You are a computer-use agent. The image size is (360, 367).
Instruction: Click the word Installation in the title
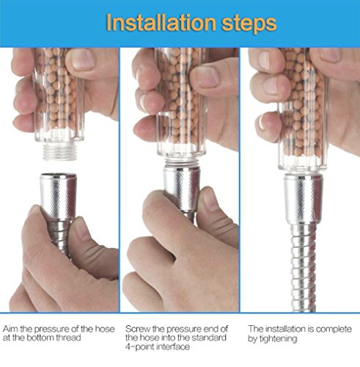[x=161, y=23]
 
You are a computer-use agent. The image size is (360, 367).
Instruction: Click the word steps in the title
[x=249, y=24]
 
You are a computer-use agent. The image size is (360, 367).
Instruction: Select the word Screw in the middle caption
[x=138, y=329]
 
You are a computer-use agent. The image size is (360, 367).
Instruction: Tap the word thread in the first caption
[x=68, y=338]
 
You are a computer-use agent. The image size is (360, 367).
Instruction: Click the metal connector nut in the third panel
[x=304, y=197]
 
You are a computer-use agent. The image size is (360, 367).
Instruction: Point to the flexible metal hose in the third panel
[x=304, y=267]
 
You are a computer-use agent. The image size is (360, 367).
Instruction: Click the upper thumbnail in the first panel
[x=83, y=60]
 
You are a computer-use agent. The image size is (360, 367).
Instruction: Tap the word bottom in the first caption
[x=40, y=338]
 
